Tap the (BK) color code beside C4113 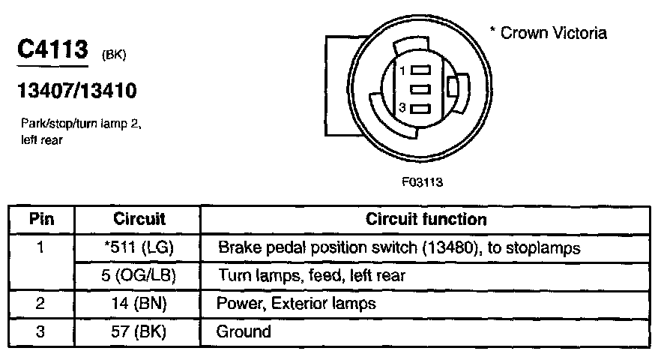point(113,55)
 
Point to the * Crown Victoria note point(548,33)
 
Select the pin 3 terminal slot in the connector point(421,108)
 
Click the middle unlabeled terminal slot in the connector point(421,88)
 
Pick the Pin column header point(42,220)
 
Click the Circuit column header point(139,220)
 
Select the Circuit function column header point(426,220)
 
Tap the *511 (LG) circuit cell point(139,247)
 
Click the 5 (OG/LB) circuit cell point(139,275)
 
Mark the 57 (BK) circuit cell point(139,331)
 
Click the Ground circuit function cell point(244,331)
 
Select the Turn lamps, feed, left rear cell point(311,275)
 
